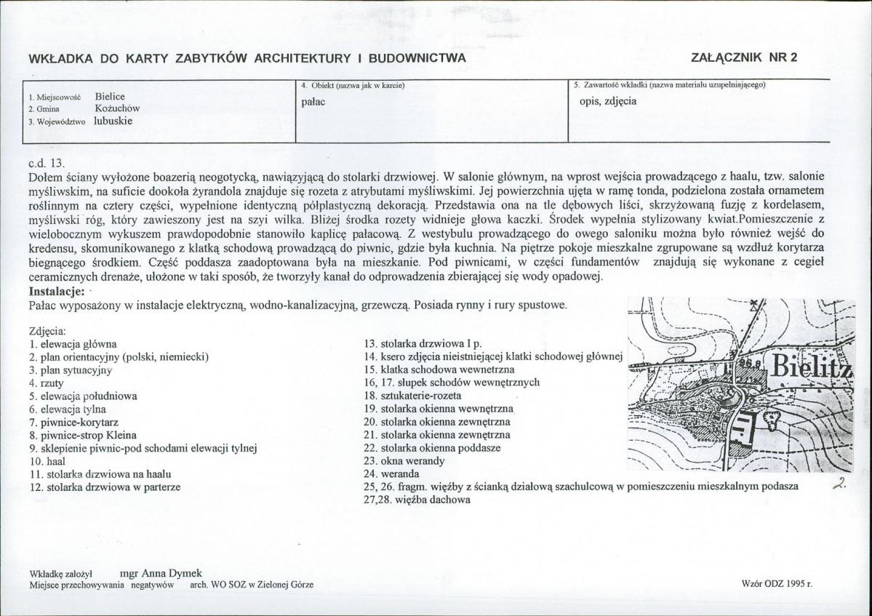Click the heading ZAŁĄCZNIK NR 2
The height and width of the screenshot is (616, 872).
(x=745, y=58)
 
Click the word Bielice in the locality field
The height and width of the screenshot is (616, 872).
(x=110, y=96)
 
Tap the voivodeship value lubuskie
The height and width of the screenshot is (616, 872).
(x=113, y=121)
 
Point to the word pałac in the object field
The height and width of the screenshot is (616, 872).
(x=313, y=101)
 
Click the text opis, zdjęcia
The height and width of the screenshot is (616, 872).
(x=608, y=101)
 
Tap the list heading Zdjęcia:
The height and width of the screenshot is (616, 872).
(x=48, y=330)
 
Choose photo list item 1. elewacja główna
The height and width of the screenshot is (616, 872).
(x=73, y=343)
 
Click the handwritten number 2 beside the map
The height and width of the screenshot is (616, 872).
(x=839, y=486)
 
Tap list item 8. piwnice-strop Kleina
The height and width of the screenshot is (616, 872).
(x=81, y=435)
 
